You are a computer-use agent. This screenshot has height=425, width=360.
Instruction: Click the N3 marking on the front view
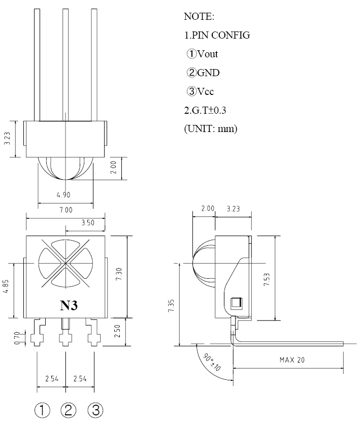tap(69, 306)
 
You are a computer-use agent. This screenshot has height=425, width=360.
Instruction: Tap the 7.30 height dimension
tap(119, 274)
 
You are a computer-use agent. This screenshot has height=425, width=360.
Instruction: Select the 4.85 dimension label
tap(6, 286)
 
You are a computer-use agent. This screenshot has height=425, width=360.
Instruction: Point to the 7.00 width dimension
tap(66, 210)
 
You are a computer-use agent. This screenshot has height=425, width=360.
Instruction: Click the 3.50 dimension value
tap(88, 223)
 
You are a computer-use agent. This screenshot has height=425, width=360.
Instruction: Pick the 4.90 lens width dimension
tap(63, 194)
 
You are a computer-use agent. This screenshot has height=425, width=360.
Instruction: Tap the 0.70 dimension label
tap(17, 338)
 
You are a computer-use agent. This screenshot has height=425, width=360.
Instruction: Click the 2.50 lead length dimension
tap(117, 331)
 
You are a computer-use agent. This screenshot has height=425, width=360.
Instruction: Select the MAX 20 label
tap(292, 360)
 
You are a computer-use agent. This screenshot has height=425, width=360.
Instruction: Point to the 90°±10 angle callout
tap(212, 362)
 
